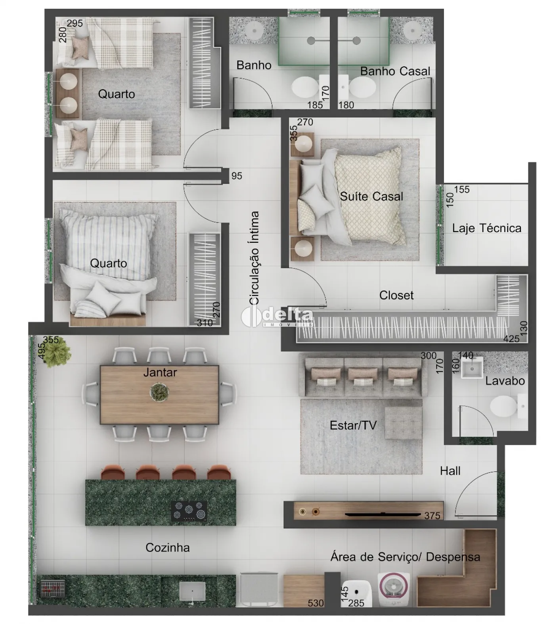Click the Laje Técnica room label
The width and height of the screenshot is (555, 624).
(487, 228)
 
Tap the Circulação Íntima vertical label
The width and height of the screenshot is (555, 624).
(254, 258)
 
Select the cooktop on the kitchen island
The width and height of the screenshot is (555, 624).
(189, 511)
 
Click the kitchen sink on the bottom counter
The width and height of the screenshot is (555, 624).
(192, 591)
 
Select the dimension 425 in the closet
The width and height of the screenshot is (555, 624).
(511, 339)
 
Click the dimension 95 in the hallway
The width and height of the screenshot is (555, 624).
(237, 176)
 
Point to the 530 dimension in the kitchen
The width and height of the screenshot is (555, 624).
(316, 603)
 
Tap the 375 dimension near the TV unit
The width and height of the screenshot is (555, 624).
(432, 515)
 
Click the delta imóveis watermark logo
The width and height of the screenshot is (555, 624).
(277, 317)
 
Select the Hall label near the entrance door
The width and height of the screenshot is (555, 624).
(450, 471)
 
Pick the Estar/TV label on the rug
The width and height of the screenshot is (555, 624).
(353, 425)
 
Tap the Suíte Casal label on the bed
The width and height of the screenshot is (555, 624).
(371, 196)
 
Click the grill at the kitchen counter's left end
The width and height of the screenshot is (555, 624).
(52, 589)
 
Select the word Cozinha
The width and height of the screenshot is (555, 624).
(167, 547)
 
